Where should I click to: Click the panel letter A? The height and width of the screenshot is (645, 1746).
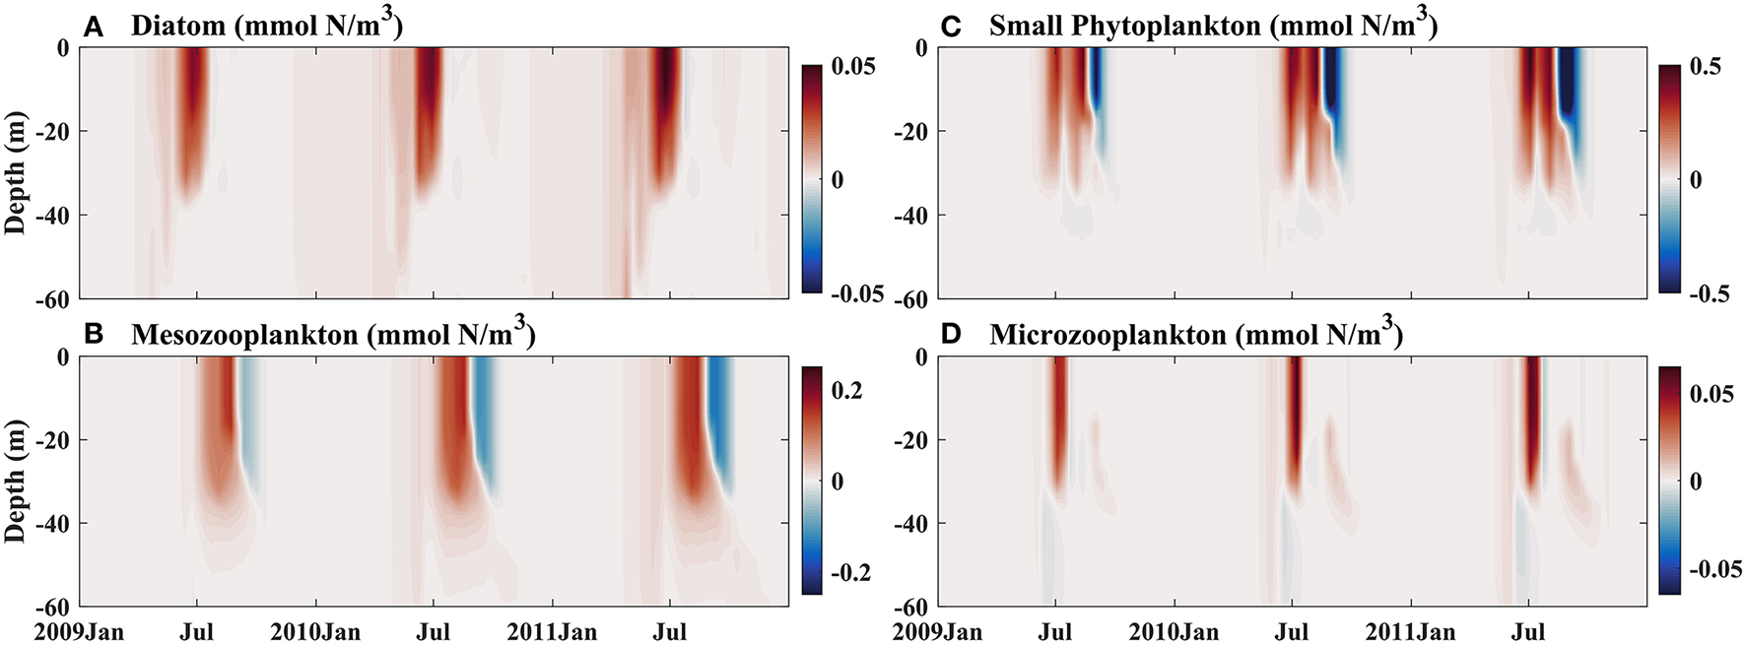click(94, 27)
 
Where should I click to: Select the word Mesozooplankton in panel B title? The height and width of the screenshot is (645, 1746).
click(244, 335)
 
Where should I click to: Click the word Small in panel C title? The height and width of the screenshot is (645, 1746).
click(1025, 26)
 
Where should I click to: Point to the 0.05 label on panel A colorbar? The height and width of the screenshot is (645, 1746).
click(853, 67)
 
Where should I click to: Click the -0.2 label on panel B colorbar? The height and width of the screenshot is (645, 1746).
click(849, 573)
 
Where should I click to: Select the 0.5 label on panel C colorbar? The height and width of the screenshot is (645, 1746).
click(1706, 67)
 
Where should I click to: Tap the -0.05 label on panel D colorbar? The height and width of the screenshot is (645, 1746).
click(1714, 569)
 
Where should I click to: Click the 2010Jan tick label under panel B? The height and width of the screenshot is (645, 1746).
click(315, 631)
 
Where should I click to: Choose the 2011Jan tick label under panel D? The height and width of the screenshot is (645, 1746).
click(1410, 631)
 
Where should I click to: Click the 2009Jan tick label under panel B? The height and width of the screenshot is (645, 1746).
click(79, 631)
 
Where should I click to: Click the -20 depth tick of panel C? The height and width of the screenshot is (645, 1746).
click(910, 131)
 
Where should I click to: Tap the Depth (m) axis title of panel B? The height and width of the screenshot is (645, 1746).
click(15, 481)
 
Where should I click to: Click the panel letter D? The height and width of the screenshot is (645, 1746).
click(951, 335)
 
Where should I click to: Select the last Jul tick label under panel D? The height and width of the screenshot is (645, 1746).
click(1528, 631)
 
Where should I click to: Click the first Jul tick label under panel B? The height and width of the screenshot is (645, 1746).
click(196, 631)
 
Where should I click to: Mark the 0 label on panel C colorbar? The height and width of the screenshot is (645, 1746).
click(1696, 180)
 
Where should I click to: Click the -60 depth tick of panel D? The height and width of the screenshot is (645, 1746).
click(910, 607)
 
